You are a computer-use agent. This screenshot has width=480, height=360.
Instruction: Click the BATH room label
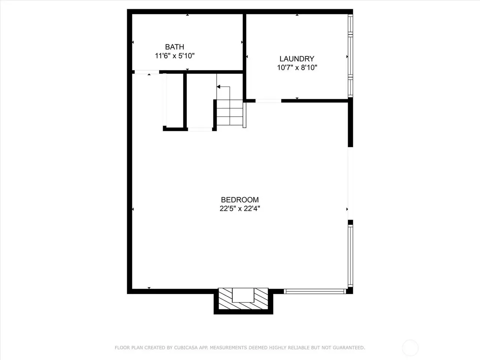click(174, 47)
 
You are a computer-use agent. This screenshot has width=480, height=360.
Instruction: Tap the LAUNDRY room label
click(297, 58)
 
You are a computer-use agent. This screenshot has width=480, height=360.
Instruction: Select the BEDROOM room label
click(240, 199)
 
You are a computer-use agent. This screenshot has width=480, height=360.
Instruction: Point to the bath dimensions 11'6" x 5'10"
click(174, 56)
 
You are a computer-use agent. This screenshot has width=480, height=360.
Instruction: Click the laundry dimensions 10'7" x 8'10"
click(297, 67)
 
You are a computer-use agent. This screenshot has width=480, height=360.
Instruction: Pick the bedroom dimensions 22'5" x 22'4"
click(240, 208)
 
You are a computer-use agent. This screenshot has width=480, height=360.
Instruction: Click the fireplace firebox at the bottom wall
click(243, 295)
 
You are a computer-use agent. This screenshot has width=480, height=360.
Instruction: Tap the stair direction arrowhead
click(219, 87)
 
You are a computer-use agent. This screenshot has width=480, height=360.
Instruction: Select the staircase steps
click(229, 112)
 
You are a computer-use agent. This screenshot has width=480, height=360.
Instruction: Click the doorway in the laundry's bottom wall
click(268, 101)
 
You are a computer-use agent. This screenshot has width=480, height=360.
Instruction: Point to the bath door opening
click(147, 72)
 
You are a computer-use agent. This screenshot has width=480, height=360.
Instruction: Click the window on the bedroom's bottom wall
click(315, 291)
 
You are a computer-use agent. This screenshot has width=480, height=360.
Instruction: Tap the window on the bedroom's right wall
click(350, 255)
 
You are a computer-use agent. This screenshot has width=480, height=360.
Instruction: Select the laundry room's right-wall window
click(350, 56)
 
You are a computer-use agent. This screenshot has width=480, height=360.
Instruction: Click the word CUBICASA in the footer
click(184, 347)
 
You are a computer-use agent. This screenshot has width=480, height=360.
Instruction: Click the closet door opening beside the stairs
click(200, 129)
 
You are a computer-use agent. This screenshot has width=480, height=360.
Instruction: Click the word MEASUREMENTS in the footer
click(227, 347)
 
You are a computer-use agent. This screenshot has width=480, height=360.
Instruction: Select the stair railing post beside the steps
click(244, 115)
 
